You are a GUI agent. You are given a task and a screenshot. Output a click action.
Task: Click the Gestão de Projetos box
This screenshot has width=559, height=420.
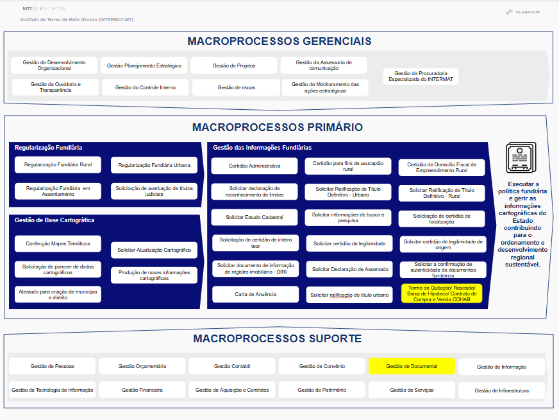(234, 66)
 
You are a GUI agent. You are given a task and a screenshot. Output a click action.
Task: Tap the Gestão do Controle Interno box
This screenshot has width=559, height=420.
(144, 87)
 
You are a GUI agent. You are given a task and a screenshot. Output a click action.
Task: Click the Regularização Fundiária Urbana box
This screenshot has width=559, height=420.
(154, 166)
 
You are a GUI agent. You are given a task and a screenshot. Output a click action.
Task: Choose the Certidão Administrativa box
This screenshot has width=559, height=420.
(254, 166)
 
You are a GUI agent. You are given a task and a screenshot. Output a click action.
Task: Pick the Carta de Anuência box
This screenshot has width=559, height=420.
(254, 295)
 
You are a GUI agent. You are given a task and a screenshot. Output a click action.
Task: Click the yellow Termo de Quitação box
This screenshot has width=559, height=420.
(441, 293)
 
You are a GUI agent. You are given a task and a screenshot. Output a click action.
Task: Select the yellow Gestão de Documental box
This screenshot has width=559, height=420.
(412, 366)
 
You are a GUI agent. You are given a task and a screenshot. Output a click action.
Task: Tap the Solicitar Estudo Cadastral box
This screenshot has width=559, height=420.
(254, 217)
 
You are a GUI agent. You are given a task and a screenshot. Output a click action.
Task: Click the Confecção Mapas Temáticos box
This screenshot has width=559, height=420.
(58, 244)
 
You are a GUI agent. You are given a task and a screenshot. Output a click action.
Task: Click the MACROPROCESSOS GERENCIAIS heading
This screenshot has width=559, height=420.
(279, 42)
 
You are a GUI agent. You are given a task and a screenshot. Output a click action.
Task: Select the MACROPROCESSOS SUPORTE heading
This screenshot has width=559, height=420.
(278, 338)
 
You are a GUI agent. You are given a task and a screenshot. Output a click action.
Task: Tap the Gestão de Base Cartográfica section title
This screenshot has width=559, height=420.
(54, 220)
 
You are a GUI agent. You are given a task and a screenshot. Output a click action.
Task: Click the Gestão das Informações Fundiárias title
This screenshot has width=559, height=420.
(262, 148)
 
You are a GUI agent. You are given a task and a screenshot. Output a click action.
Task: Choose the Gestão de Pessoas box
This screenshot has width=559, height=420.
(52, 366)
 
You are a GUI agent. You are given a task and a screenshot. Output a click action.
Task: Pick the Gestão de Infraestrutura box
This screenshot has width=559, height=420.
(502, 390)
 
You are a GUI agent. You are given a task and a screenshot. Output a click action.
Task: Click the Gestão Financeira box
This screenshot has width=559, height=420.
(142, 390)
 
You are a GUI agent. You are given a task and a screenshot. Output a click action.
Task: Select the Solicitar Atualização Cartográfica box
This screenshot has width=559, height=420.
(154, 250)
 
